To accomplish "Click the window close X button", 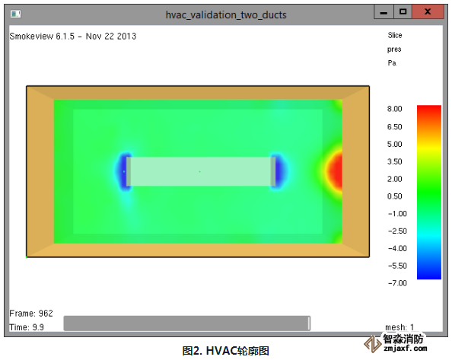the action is point(428,12).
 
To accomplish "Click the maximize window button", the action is point(403,12).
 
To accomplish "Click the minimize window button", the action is point(384,12).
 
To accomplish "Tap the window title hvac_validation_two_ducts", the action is point(226,14).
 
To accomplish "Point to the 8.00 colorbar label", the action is point(395,109).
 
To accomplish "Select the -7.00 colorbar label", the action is point(397,283).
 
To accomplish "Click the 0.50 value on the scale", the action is point(395,196).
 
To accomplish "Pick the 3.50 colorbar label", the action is point(395,161).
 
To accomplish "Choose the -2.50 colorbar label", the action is point(397,231).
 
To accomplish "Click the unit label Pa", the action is point(392,63).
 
